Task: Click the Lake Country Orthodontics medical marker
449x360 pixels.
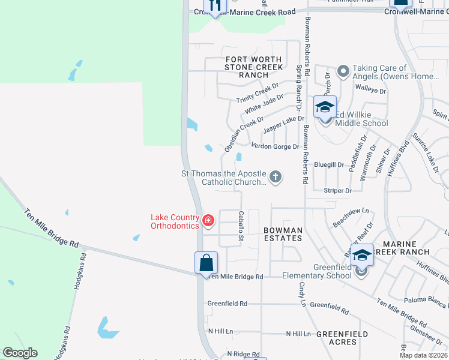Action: pos(208,221)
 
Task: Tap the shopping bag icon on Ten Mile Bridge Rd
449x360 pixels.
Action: pos(206,263)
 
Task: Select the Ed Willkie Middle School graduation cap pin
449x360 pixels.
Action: pos(325,107)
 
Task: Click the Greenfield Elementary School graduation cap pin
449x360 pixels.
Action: pos(362,255)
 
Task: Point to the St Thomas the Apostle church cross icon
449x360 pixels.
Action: pos(276,176)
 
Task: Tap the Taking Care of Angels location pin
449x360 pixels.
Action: pos(343,72)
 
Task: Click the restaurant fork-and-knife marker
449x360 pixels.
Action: pos(213,6)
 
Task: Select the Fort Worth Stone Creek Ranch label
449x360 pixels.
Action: pos(253,67)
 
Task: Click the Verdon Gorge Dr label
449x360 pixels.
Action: pos(274,146)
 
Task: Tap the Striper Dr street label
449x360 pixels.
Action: pos(337,190)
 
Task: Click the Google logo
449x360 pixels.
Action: pos(20,353)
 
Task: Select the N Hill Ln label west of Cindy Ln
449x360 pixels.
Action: pos(220,331)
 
